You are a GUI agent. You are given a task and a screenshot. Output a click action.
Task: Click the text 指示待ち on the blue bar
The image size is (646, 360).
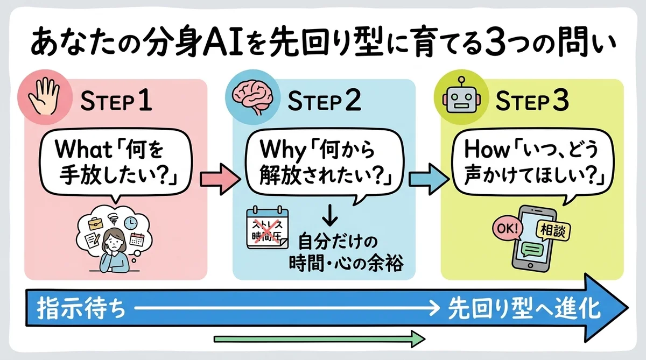tap(82, 309)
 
